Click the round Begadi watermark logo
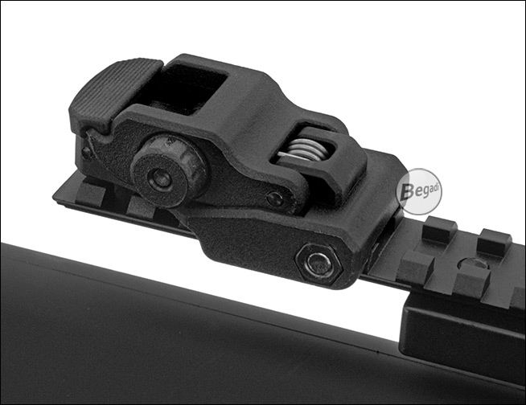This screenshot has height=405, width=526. (x=419, y=191)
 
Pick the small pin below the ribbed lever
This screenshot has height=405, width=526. (x=87, y=153)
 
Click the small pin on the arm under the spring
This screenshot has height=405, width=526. (x=275, y=198)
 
